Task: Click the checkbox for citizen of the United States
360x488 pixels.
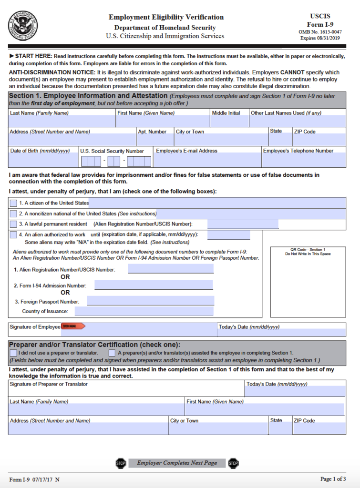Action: (x=13, y=203)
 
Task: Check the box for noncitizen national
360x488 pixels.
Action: (x=13, y=213)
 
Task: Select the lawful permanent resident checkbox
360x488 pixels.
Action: (x=13, y=224)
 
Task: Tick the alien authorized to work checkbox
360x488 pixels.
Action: (x=13, y=234)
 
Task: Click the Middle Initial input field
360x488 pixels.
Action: (x=229, y=121)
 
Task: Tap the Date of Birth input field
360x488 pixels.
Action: (x=43, y=160)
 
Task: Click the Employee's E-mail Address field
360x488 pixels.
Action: (x=207, y=160)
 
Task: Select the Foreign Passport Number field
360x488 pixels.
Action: (x=150, y=301)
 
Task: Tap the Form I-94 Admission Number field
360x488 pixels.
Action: (x=153, y=285)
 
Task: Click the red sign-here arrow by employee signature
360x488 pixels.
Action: (x=73, y=326)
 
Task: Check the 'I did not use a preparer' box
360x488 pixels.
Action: (x=13, y=353)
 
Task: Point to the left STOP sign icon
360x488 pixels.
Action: (x=120, y=463)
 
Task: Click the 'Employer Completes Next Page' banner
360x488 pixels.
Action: (x=177, y=463)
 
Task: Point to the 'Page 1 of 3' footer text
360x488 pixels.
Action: (x=333, y=479)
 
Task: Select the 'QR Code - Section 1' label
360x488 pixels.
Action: (x=308, y=250)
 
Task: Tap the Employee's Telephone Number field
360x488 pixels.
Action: (x=304, y=160)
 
